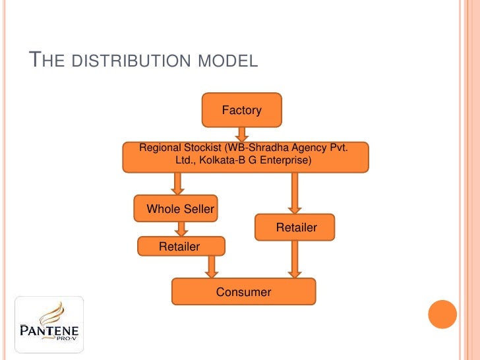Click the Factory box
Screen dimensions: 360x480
(x=242, y=110)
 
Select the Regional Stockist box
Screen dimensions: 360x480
(x=245, y=157)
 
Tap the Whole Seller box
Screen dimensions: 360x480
(x=177, y=209)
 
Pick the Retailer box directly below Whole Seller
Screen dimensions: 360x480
(x=181, y=247)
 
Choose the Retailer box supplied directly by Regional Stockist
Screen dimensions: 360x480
(x=295, y=227)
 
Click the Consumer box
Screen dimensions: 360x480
(x=244, y=291)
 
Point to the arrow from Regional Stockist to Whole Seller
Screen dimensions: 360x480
(x=177, y=183)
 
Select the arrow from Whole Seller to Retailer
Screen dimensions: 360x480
(x=182, y=229)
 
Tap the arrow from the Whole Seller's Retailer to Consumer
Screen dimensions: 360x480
(x=211, y=266)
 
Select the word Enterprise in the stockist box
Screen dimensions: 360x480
(x=285, y=160)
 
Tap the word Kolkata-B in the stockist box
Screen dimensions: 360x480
(x=227, y=160)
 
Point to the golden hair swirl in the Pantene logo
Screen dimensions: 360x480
(x=53, y=310)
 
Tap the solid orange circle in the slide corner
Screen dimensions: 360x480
(x=442, y=314)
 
